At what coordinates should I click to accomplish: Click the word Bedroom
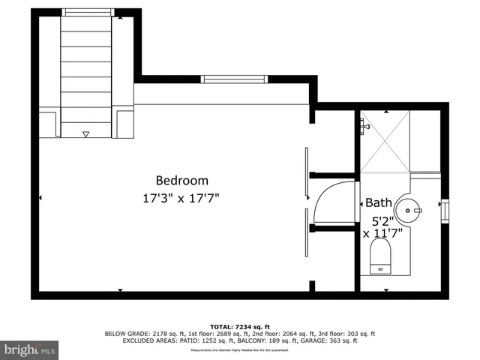click(181, 181)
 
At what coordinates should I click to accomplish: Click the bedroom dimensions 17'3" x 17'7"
click(181, 199)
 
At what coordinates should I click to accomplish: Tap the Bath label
click(378, 202)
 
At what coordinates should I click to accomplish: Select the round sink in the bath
click(409, 210)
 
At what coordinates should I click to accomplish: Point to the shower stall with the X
click(385, 142)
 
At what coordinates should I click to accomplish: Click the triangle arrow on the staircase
click(85, 134)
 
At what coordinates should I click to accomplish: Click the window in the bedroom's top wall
click(232, 79)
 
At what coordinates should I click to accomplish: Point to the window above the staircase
click(88, 12)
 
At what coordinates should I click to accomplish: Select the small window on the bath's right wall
click(444, 210)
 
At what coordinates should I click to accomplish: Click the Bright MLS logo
click(30, 350)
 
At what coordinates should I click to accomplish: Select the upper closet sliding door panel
click(306, 174)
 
